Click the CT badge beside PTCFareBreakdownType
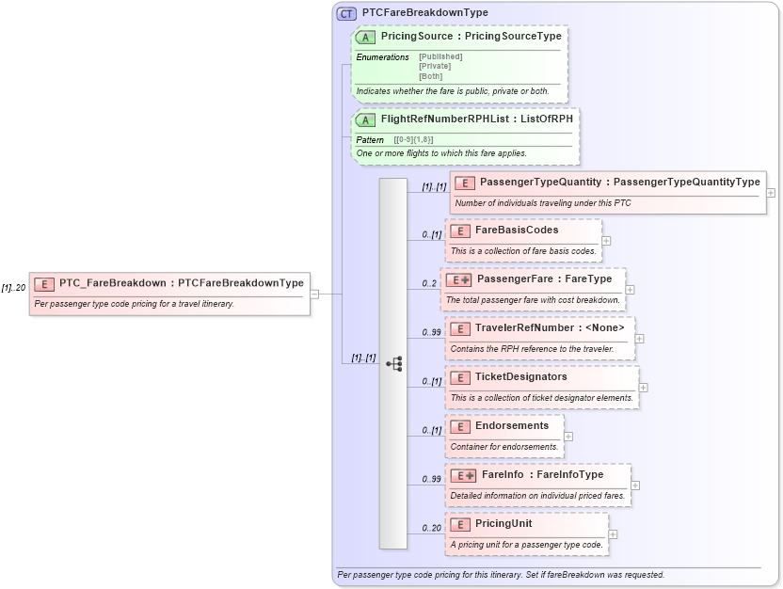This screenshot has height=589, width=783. pyautogui.click(x=346, y=13)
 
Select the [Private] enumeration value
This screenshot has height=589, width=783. pyautogui.click(x=435, y=66)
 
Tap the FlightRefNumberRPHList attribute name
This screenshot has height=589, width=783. pyautogui.click(x=434, y=120)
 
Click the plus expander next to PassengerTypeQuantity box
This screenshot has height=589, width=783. pyautogui.click(x=771, y=192)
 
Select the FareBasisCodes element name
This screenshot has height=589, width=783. pyautogui.click(x=517, y=230)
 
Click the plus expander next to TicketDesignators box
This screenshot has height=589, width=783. pyautogui.click(x=644, y=387)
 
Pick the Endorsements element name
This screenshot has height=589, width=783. pyautogui.click(x=512, y=425)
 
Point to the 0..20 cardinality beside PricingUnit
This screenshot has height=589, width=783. pyautogui.click(x=431, y=528)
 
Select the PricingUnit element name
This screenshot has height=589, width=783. pyautogui.click(x=503, y=523)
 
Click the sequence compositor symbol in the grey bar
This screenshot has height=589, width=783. pyautogui.click(x=394, y=363)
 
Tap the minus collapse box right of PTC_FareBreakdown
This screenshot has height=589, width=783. pyautogui.click(x=314, y=294)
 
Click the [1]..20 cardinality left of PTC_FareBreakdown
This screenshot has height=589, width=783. pyautogui.click(x=13, y=288)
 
